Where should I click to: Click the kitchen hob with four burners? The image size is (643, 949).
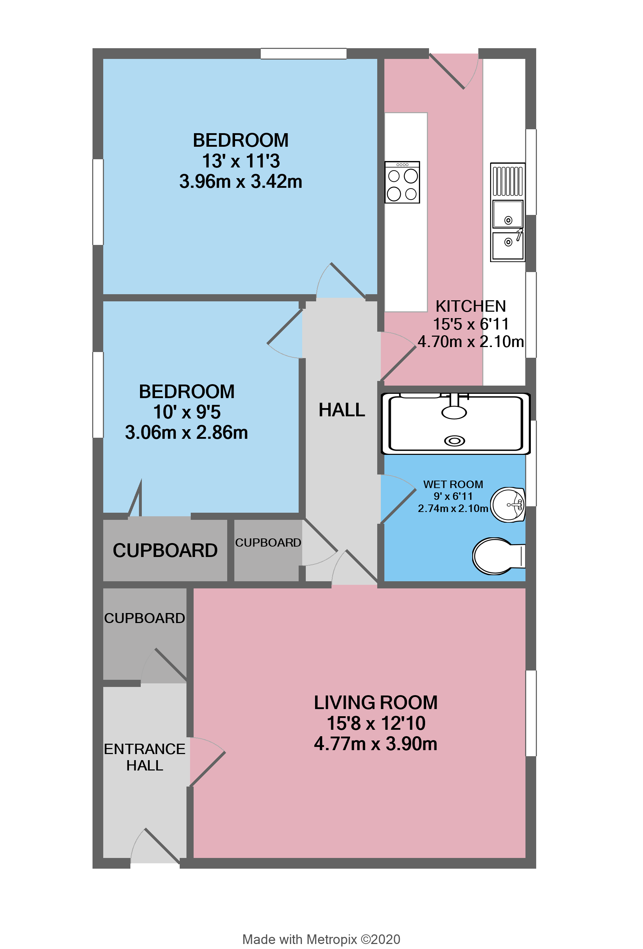click(x=402, y=182)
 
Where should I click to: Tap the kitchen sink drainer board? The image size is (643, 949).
click(x=507, y=180)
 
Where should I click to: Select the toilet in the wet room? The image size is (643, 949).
click(x=495, y=556)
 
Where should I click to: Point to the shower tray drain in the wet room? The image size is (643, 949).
click(x=454, y=441)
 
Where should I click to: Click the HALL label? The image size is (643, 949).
click(x=342, y=410)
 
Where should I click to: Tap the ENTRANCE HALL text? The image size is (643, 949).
click(x=145, y=757)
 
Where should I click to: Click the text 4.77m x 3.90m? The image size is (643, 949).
click(x=375, y=744)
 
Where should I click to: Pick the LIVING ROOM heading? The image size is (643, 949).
click(x=375, y=702)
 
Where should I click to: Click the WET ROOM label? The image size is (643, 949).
click(x=453, y=484)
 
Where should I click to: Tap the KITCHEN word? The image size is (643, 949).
click(x=470, y=306)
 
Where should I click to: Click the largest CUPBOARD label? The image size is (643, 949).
click(x=165, y=551)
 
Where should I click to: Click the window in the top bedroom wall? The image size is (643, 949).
click(x=303, y=54)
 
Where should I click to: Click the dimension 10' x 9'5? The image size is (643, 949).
click(x=187, y=412)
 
